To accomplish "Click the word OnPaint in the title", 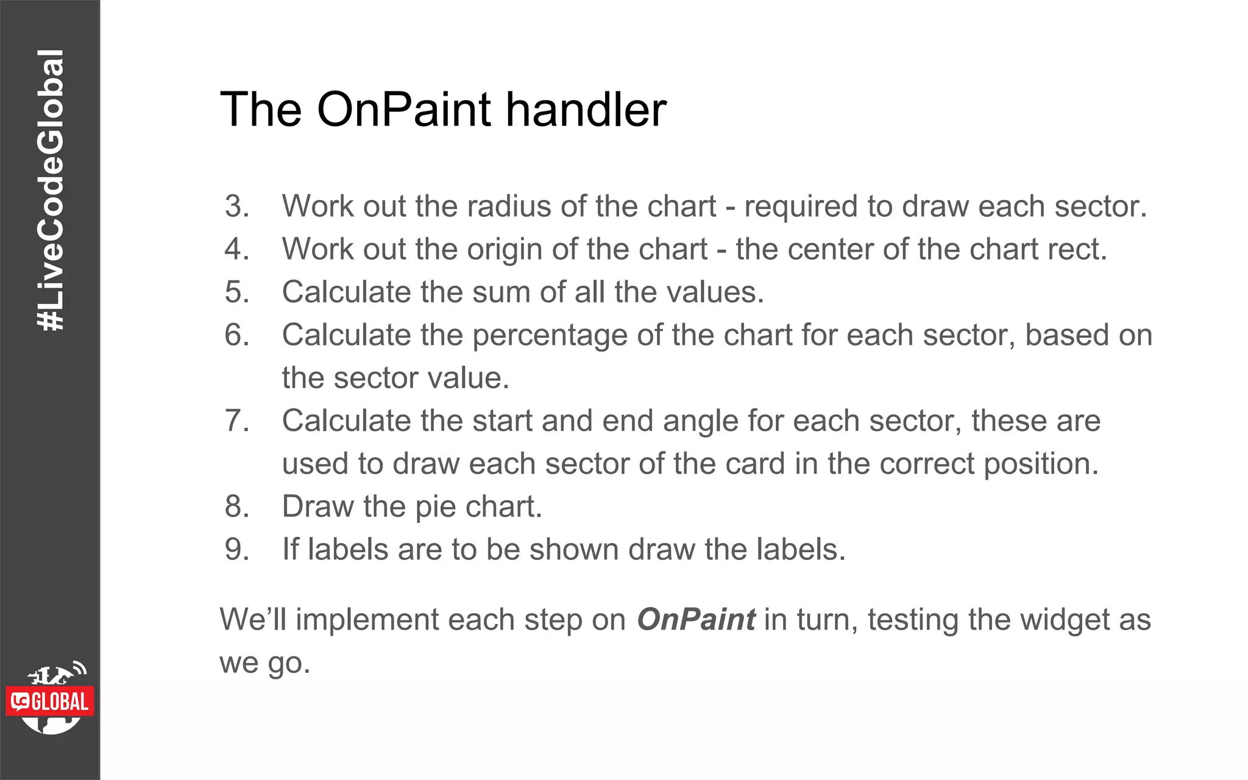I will pos(404,110).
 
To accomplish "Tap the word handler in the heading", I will pos(586,110).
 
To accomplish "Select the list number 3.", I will pos(237,206).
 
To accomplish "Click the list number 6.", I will pos(237,335).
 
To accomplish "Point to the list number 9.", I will pos(237,550).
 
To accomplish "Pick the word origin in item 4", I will pos(500,249).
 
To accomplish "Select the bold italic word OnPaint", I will pos(696,620).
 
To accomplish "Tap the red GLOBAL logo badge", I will pos(51,702).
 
